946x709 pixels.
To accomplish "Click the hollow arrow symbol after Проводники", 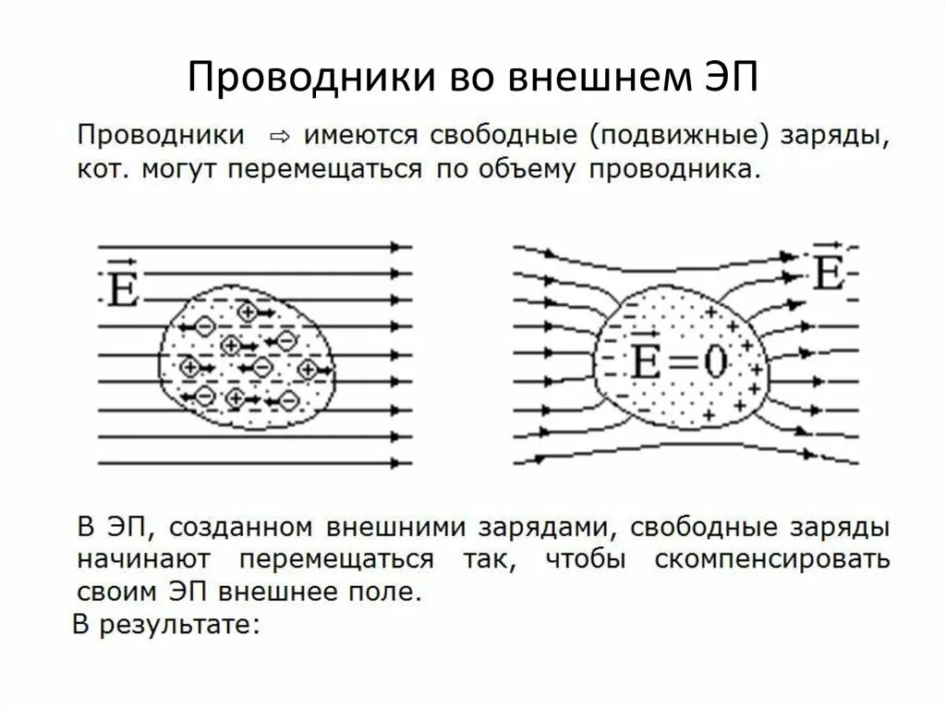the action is pos(277,136).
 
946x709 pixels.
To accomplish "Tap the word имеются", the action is pos(354,137).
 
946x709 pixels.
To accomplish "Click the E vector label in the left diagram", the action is pos(122,287).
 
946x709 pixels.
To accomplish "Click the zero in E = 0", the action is pos(715,361).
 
